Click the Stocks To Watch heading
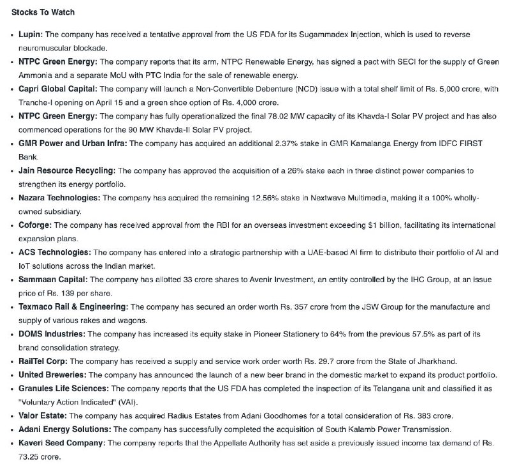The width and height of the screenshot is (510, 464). tap(43, 12)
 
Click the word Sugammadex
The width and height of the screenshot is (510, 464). tap(346, 33)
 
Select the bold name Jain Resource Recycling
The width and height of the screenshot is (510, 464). tap(67, 171)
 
